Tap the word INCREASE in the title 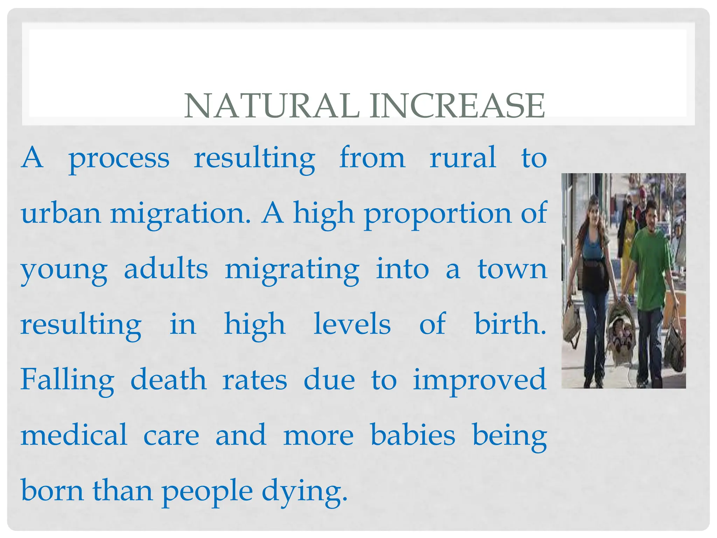457,106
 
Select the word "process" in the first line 119,159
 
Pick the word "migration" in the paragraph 180,214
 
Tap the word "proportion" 438,214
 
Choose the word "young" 64,270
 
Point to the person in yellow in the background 628,245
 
